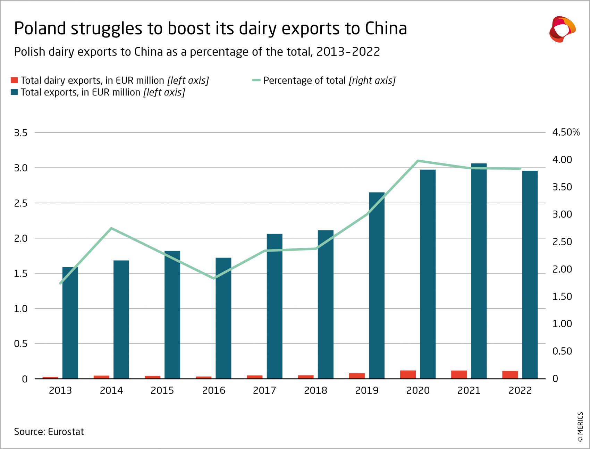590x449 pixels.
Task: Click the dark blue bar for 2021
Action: point(479,271)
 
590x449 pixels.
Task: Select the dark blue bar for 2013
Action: point(70,323)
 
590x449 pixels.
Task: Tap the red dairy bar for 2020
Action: point(408,374)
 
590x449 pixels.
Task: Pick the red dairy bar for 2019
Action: point(357,376)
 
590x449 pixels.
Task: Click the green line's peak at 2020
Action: point(418,161)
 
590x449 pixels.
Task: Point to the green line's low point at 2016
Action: point(214,278)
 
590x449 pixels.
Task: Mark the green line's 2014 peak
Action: point(111,228)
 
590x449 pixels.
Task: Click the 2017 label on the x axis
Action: point(264,391)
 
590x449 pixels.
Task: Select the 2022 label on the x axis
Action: point(520,391)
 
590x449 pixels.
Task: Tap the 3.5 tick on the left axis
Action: point(20,133)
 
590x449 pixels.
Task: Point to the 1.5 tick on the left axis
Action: point(20,274)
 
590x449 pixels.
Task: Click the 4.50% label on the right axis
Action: point(566,132)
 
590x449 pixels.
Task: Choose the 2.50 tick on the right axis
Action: point(562,242)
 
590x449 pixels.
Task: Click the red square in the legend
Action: point(14,81)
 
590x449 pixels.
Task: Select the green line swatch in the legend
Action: point(256,81)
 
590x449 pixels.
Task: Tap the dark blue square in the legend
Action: point(14,92)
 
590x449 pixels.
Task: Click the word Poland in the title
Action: point(40,28)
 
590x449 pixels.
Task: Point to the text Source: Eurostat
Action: point(49,432)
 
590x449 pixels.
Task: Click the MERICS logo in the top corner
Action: point(562,29)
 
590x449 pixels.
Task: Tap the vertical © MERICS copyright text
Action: point(580,427)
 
